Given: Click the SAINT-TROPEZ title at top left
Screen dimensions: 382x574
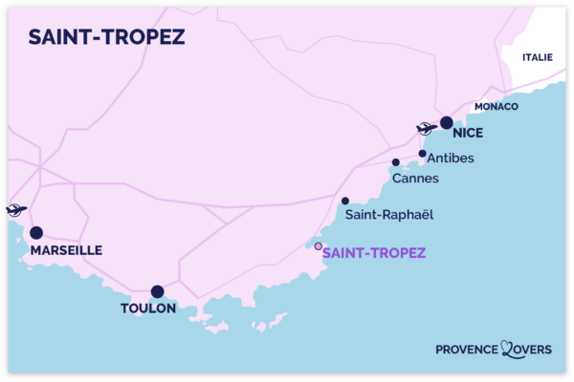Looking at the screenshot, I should point(106,36).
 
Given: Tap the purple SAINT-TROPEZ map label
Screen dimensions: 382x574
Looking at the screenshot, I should point(373,253).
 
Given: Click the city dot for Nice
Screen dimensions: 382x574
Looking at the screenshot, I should point(446,122).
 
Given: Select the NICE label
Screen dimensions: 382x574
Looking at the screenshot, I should point(470,135).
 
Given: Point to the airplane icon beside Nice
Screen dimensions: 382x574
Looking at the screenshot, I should point(427,129).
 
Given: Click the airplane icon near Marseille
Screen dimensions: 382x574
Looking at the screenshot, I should point(14,210).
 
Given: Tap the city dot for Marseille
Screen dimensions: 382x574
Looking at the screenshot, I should point(36,232).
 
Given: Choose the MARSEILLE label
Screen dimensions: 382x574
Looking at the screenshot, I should point(66,250).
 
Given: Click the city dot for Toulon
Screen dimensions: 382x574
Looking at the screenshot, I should point(157,291).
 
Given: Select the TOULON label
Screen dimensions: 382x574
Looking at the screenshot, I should point(148,308).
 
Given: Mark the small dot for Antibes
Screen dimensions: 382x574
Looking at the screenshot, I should point(422,153).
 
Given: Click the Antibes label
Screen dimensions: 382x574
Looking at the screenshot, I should point(451,158).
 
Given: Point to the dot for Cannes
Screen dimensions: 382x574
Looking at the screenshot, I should point(395,162).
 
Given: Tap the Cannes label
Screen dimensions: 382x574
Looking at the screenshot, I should point(415,178).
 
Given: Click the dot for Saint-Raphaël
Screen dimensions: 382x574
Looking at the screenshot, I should point(344,201).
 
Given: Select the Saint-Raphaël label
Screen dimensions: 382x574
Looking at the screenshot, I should point(390,215).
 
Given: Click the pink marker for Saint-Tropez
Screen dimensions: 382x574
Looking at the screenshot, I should point(319,245).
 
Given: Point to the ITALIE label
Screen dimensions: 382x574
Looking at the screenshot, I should point(537,57).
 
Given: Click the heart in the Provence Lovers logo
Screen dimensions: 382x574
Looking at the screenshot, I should point(508,350).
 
